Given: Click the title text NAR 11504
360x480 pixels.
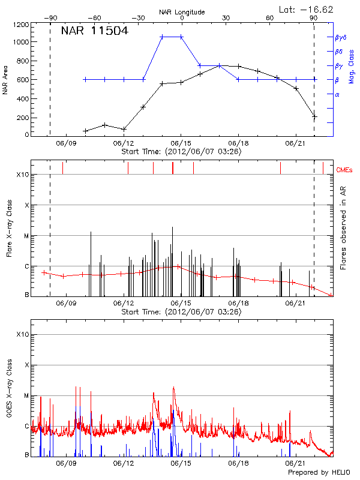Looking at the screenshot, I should coord(94,31).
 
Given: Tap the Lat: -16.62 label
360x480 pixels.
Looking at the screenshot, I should coord(307,9).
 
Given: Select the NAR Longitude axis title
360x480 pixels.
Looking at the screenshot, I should coord(182,11).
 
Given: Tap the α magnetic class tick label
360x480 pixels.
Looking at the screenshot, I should coord(337,94).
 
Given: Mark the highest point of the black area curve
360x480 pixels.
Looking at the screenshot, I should coord(220,65).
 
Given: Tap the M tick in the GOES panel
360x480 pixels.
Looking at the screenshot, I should coord(26,395).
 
